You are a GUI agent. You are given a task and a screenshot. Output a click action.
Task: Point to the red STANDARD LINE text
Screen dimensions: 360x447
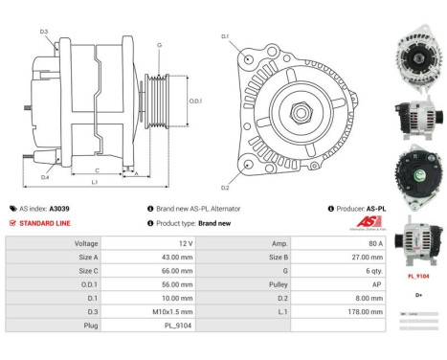click(x=44, y=222)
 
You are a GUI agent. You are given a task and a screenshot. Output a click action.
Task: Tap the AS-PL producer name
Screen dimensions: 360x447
click(x=375, y=208)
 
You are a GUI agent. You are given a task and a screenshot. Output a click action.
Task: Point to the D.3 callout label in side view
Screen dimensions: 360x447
click(x=44, y=32)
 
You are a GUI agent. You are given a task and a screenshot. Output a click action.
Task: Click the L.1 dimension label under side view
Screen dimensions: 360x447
click(x=94, y=181)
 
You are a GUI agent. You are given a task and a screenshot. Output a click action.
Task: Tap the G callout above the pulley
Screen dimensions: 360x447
click(x=159, y=45)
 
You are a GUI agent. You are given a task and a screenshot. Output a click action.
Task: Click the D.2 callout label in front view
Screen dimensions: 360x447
click(x=225, y=187)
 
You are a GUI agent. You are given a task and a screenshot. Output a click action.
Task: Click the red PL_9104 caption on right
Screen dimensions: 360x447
click(x=418, y=275)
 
